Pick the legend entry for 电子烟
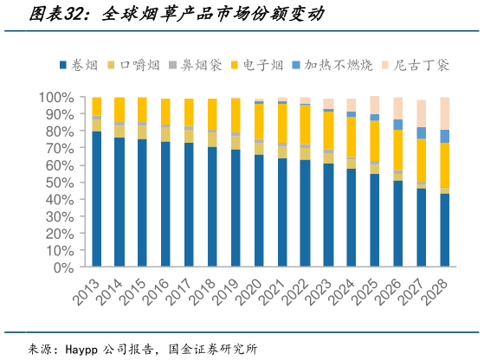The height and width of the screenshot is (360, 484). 259,64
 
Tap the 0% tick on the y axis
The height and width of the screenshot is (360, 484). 65,267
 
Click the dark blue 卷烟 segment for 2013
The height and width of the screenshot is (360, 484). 97,199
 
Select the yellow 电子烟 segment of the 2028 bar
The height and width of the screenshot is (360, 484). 444,164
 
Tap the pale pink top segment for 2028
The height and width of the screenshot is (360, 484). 444,113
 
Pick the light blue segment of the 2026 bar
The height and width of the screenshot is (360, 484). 398,125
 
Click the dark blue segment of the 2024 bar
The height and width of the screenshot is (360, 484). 352,217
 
